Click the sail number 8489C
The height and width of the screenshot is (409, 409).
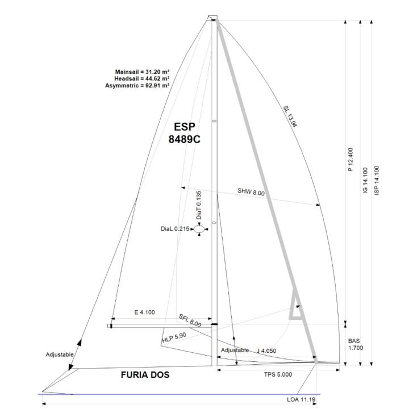184,139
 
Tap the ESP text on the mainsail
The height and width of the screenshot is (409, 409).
185,127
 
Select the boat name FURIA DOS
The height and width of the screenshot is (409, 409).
145,375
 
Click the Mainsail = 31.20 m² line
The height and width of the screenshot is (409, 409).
143,72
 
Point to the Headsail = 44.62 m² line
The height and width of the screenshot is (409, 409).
142,78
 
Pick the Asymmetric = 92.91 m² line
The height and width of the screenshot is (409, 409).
137,86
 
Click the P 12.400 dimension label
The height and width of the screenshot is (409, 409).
350,160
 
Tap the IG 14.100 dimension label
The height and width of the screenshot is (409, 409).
365,181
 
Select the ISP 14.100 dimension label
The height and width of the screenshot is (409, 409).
377,181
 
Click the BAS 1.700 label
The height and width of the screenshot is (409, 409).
355,344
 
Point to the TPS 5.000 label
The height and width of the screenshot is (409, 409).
278,374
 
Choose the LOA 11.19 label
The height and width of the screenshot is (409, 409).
301,399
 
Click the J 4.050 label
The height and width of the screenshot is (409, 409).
266,351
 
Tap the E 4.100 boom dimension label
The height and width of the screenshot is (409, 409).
144,312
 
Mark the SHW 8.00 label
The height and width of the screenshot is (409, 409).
251,192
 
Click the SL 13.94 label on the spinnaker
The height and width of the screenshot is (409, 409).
290,116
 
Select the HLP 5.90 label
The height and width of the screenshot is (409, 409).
174,337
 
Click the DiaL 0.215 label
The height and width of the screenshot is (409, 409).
175,229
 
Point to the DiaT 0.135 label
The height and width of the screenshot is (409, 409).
199,205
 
